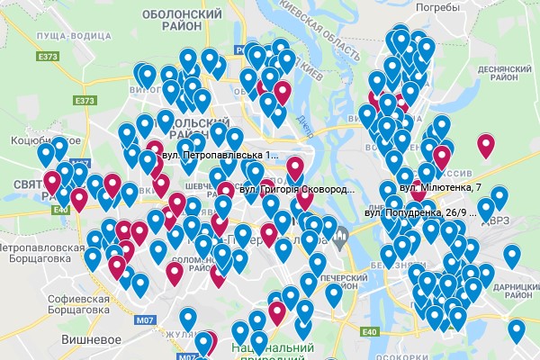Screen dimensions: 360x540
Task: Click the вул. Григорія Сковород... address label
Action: [x=297, y=190]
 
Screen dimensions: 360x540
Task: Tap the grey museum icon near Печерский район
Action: [x=340, y=240]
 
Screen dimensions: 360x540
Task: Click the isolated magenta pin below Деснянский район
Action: [x=487, y=144]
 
